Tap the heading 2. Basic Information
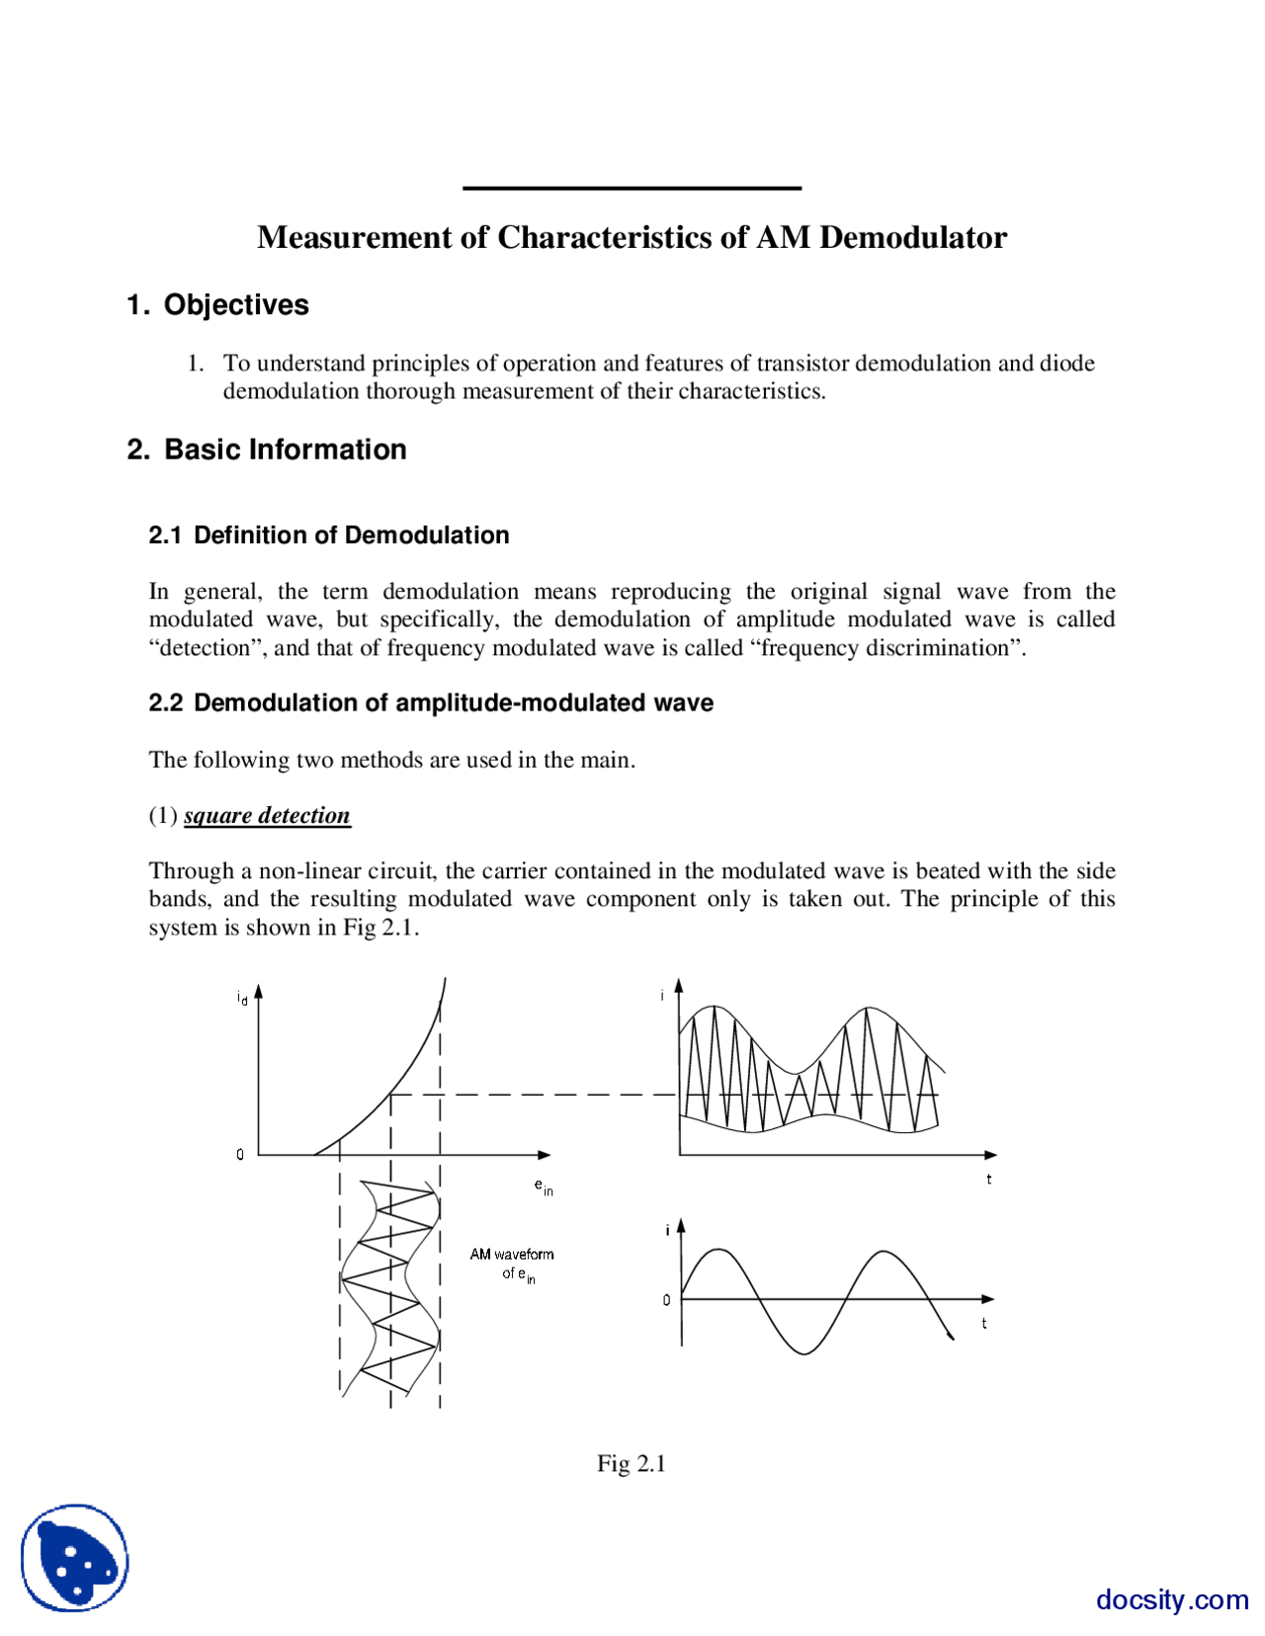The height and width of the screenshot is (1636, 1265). pyautogui.click(x=267, y=450)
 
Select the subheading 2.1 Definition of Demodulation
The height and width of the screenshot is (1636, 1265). pyautogui.click(x=328, y=535)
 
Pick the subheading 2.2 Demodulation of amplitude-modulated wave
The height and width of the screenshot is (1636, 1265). pyautogui.click(x=431, y=703)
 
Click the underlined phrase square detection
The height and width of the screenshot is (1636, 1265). pyautogui.click(x=267, y=816)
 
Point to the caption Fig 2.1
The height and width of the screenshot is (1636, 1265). pyautogui.click(x=631, y=1463)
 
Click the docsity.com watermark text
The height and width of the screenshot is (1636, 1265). pyautogui.click(x=1172, y=1599)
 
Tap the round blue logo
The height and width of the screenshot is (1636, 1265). pyautogui.click(x=75, y=1558)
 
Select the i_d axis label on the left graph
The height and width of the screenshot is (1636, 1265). pyautogui.click(x=242, y=998)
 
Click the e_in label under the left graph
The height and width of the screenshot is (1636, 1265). pyautogui.click(x=544, y=1186)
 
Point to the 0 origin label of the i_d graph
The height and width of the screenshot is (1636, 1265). pyautogui.click(x=240, y=1154)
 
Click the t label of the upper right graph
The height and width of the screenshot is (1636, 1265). pyautogui.click(x=988, y=1180)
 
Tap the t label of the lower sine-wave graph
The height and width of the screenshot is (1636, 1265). pyautogui.click(x=983, y=1324)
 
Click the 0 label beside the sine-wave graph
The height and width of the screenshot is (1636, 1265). pyautogui.click(x=666, y=1300)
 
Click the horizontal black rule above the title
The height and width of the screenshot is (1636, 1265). pyautogui.click(x=632, y=188)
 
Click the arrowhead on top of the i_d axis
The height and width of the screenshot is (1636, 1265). pyautogui.click(x=258, y=991)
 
